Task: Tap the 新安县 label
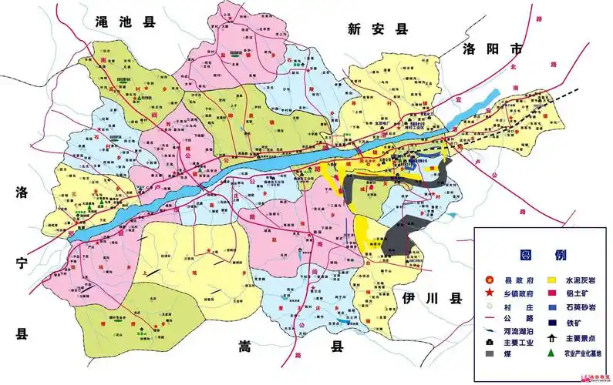point(376,29)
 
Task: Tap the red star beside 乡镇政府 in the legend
point(487,295)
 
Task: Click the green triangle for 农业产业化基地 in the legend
point(551,353)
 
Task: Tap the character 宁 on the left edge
point(22,263)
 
